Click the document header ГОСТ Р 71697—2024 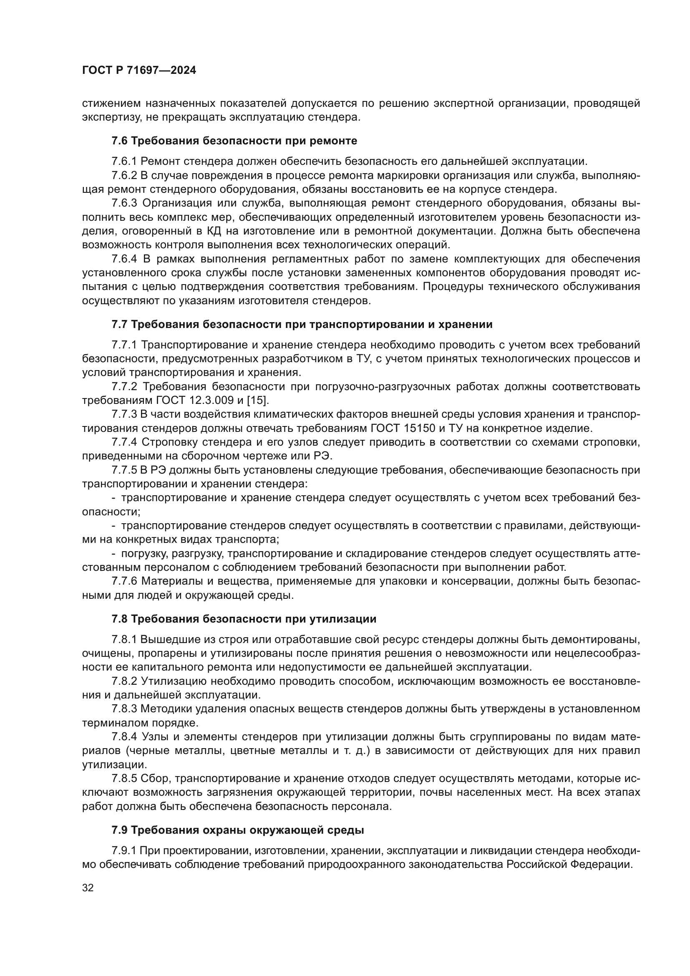139,70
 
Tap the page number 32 88,888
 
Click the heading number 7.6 119,141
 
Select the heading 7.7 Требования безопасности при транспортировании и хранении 302,324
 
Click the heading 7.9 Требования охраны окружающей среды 237,830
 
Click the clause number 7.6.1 124,161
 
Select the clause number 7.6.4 124,259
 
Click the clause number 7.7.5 124,470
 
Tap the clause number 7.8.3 124,709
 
